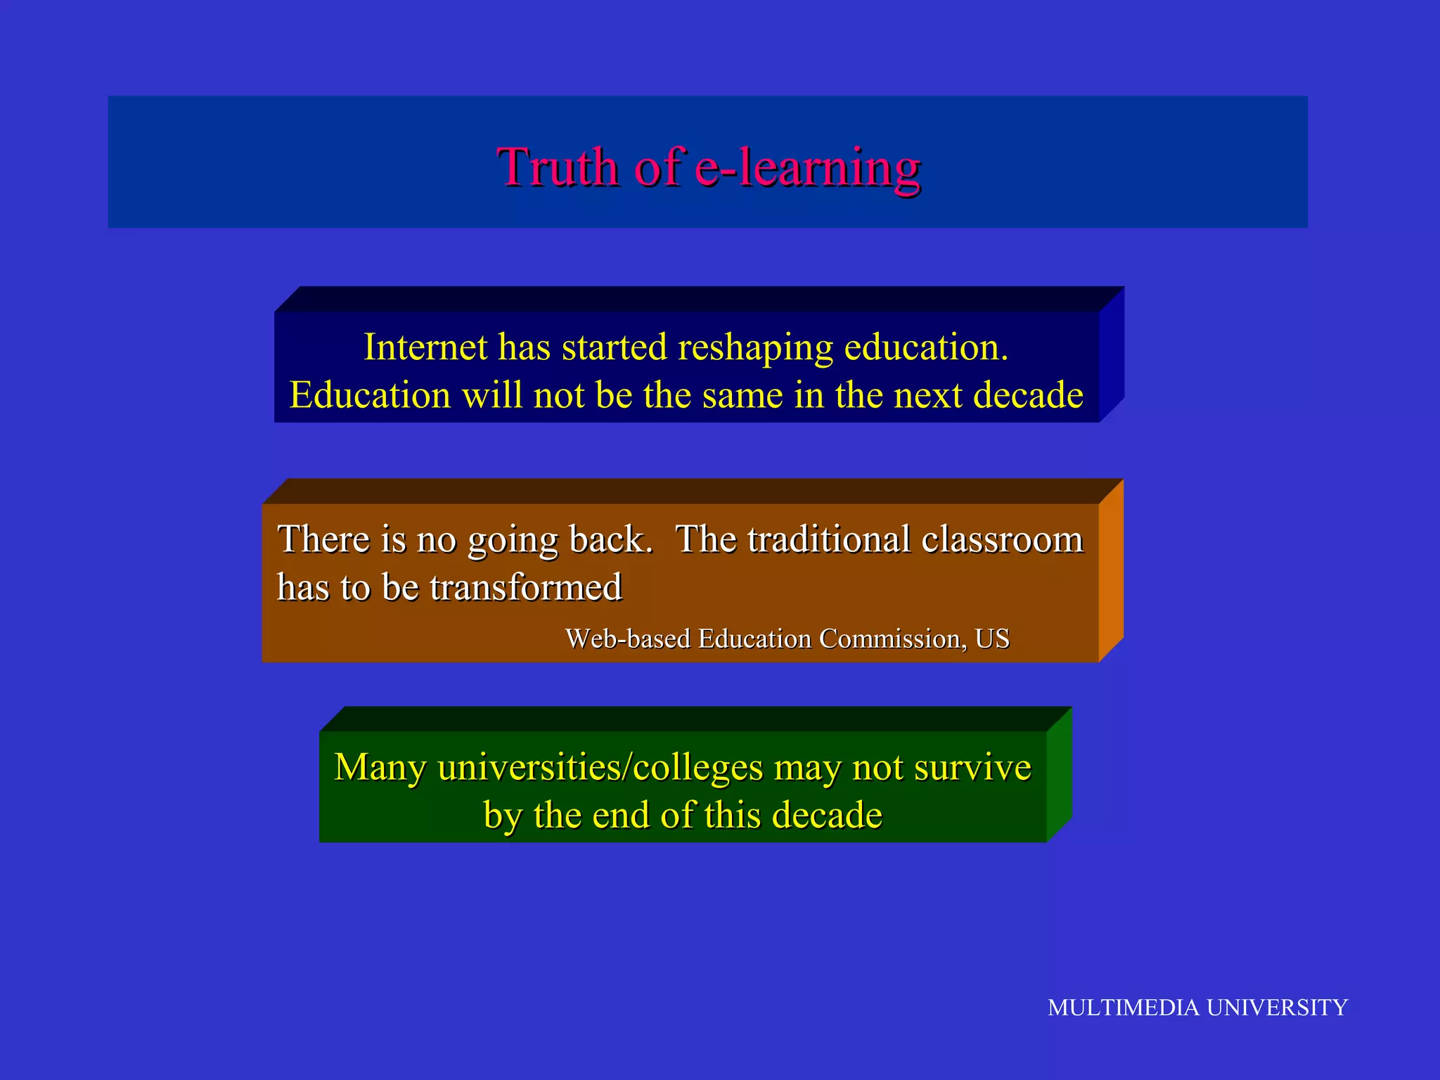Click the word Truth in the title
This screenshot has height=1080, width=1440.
(558, 167)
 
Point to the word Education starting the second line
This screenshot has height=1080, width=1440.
(370, 395)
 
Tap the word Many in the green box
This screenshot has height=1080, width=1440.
(380, 767)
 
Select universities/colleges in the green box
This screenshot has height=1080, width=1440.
(600, 768)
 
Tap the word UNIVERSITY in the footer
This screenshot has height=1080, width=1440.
(1277, 1008)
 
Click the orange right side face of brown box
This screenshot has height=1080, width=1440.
(1111, 571)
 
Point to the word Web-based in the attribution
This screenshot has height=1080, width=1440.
(628, 639)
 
